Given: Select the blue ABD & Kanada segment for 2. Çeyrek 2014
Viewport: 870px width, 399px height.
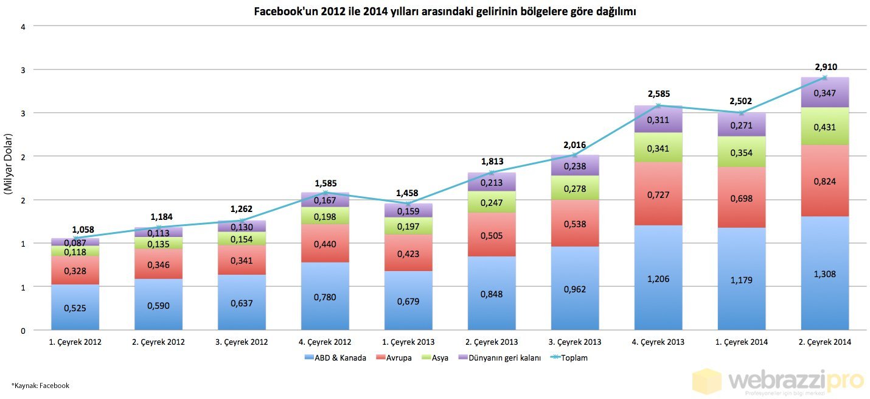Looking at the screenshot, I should pyautogui.click(x=824, y=274).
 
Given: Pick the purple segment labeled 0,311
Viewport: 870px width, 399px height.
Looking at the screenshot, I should pyautogui.click(x=658, y=119).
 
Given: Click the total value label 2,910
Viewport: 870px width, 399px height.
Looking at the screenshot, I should pyautogui.click(x=824, y=67).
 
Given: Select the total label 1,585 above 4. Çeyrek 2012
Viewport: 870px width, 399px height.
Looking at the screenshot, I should pyautogui.click(x=325, y=183).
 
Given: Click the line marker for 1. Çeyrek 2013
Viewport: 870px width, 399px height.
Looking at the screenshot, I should pyautogui.click(x=408, y=203).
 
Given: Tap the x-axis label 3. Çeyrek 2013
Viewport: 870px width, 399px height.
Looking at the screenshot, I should pyautogui.click(x=574, y=342).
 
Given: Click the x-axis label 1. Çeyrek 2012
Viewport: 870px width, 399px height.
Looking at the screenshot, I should pyautogui.click(x=75, y=342).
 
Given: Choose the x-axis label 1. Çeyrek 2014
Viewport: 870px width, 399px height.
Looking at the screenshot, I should pyautogui.click(x=741, y=342).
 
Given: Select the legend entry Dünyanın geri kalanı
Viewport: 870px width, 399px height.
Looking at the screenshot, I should pyautogui.click(x=501, y=358).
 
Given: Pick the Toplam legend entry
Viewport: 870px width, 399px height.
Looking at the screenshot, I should pyautogui.click(x=571, y=358).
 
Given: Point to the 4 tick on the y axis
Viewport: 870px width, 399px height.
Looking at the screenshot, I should pyautogui.click(x=23, y=26).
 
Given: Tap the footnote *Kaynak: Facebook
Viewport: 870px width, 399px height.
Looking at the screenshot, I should pyautogui.click(x=40, y=386).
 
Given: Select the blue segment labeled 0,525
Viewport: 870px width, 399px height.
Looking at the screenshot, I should pyautogui.click(x=75, y=307).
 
